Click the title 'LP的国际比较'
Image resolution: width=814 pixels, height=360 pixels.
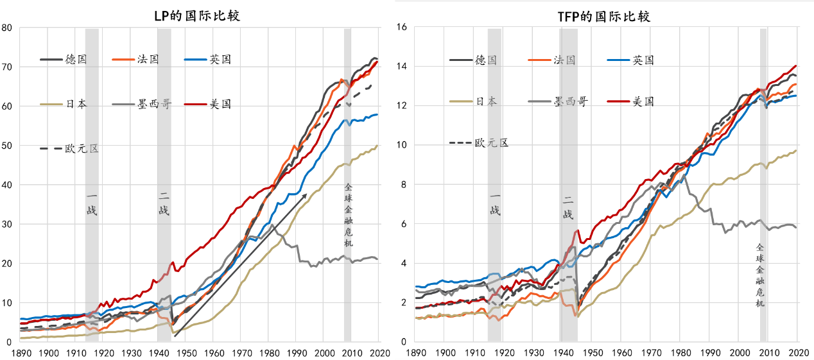pos(197,15)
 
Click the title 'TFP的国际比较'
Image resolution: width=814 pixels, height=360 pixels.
pos(603,17)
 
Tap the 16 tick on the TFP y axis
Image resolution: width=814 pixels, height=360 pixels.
pos(403,28)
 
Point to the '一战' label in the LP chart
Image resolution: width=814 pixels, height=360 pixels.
pos(92,203)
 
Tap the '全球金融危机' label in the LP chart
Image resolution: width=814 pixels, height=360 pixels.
pos(349,215)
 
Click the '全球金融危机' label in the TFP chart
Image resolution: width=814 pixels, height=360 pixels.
pos(760,275)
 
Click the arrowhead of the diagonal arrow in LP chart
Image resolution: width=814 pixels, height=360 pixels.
pos(306,193)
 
